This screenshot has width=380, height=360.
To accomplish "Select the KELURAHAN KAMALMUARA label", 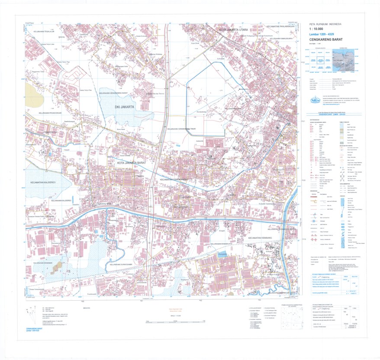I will point(282,38).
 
